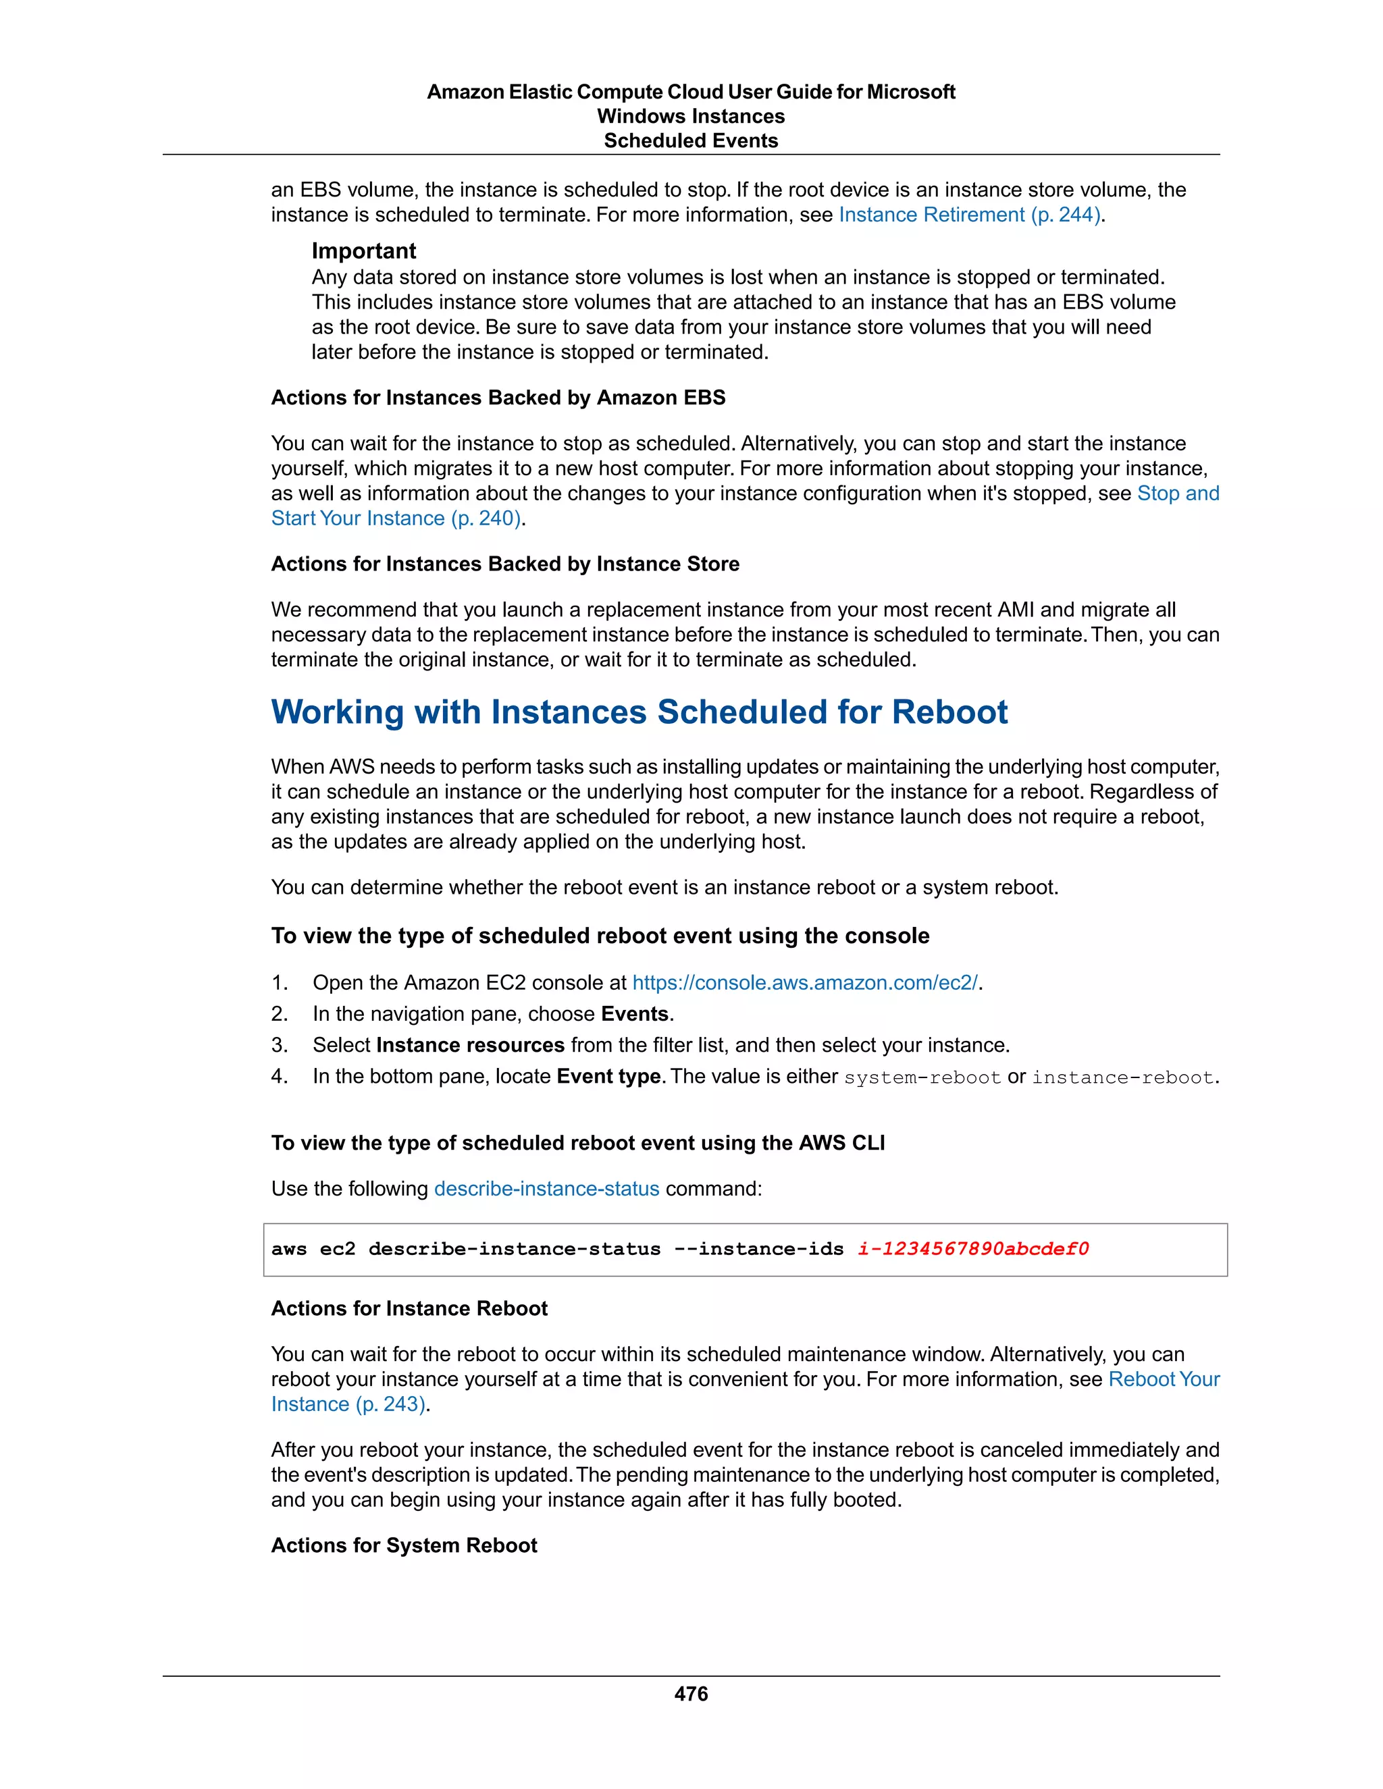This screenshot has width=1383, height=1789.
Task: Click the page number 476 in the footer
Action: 691,1693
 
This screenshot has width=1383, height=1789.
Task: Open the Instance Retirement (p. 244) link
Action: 969,215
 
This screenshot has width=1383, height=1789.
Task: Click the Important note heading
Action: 364,250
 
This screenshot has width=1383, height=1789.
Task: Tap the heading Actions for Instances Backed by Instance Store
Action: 504,564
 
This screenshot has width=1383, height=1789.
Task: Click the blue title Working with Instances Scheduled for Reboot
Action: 639,712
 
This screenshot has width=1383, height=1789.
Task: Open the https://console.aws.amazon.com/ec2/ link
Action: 804,982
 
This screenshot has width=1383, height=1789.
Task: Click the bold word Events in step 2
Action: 634,1013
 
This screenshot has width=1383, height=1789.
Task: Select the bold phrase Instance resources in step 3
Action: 470,1044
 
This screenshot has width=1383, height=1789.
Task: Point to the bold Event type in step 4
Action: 608,1075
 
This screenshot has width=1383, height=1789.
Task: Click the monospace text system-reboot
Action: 922,1077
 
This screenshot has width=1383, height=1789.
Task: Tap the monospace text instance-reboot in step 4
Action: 1122,1077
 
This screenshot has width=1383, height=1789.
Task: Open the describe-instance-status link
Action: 546,1189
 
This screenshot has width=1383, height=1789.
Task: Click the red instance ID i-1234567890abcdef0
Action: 973,1248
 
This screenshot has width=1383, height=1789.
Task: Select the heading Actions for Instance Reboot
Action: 409,1308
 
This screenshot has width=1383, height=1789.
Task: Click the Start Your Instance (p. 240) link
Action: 396,518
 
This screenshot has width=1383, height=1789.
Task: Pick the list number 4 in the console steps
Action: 279,1076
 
